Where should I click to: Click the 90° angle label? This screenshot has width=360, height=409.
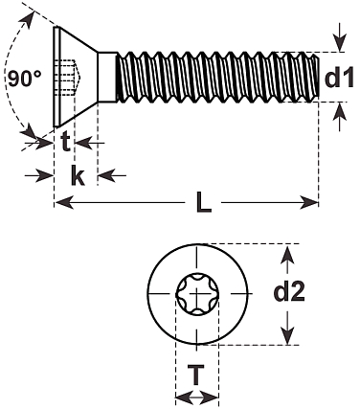(24, 78)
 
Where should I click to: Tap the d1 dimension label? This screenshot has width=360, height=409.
(339, 77)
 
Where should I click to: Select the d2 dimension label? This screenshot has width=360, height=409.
(289, 291)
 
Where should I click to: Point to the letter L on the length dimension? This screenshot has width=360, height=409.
(204, 202)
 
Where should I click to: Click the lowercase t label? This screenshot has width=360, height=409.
(65, 142)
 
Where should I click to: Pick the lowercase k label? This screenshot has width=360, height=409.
(78, 175)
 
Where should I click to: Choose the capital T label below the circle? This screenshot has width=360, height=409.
(195, 375)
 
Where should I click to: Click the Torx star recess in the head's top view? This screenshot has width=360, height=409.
(197, 294)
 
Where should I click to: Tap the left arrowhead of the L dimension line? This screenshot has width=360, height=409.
(64, 202)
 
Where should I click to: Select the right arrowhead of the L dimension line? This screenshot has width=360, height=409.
(308, 202)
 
